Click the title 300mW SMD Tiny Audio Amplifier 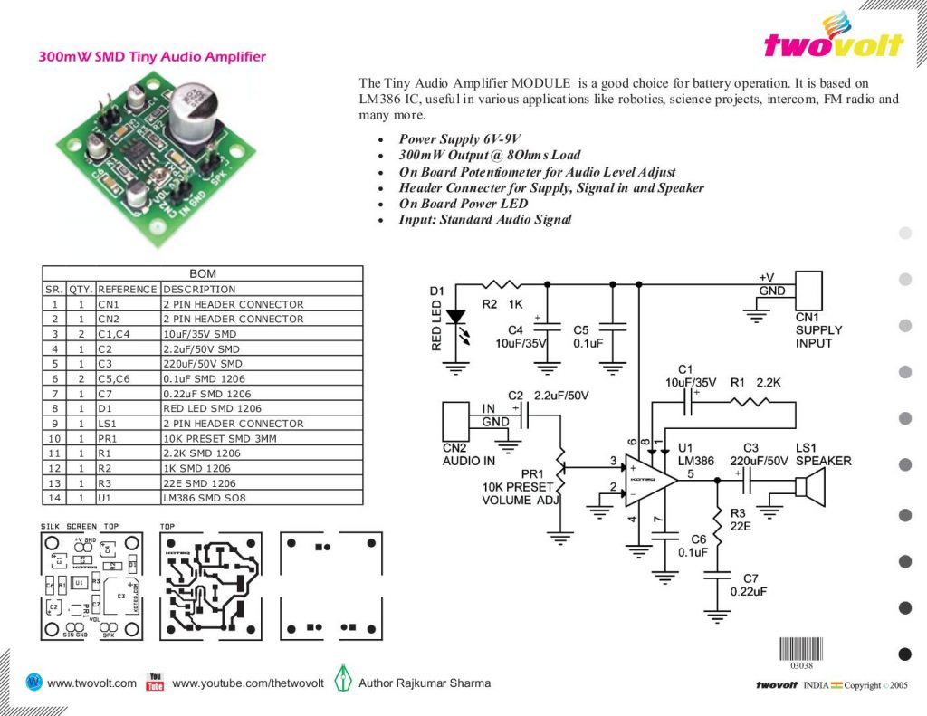click(152, 56)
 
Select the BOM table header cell click(202, 273)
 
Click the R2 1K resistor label click(502, 305)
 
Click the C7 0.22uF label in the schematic click(750, 585)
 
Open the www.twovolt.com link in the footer click(91, 683)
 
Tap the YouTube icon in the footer click(155, 682)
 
